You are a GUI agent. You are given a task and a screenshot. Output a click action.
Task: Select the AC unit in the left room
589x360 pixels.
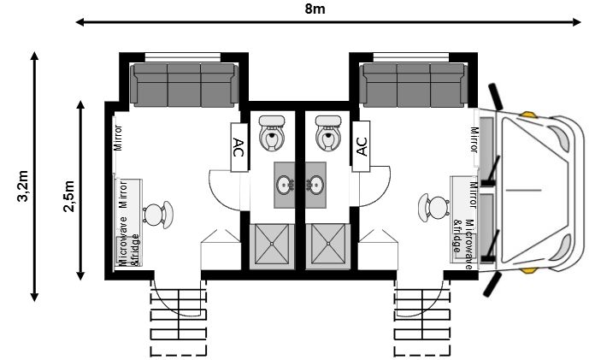click(x=239, y=147)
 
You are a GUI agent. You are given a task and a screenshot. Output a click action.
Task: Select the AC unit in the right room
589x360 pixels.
click(x=361, y=147)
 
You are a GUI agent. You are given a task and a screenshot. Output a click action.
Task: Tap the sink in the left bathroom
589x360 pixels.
click(x=286, y=183)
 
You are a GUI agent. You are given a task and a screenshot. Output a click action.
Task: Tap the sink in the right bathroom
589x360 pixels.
click(x=315, y=183)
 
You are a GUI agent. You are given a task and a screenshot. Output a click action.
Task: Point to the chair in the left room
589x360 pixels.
click(x=156, y=213)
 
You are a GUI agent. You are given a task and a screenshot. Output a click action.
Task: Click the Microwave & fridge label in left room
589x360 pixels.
click(x=128, y=243)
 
